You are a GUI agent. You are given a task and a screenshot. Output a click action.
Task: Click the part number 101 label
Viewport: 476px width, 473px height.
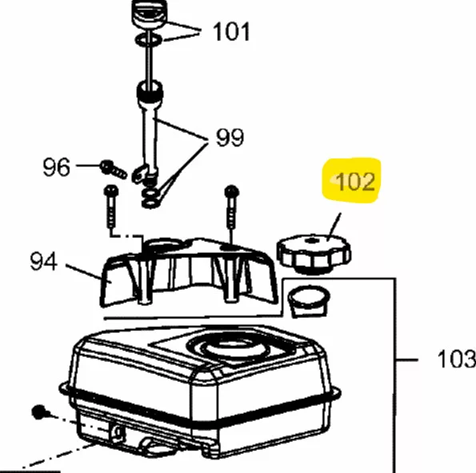point(231,31)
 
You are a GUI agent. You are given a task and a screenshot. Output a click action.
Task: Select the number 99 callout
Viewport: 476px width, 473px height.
point(230,138)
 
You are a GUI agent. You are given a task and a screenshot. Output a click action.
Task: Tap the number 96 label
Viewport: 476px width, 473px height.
point(56,167)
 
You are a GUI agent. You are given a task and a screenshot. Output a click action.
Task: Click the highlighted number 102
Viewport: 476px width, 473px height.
point(355,182)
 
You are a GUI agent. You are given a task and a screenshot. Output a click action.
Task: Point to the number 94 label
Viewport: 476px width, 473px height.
point(43,261)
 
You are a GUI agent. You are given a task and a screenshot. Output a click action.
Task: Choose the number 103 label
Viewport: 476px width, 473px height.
point(457,359)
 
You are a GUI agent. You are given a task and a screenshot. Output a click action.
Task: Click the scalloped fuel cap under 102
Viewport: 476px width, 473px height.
point(314,254)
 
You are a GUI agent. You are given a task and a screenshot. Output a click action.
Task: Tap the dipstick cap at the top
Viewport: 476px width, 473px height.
point(150,13)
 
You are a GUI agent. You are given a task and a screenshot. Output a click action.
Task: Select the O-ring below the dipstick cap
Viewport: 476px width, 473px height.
point(149,40)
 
